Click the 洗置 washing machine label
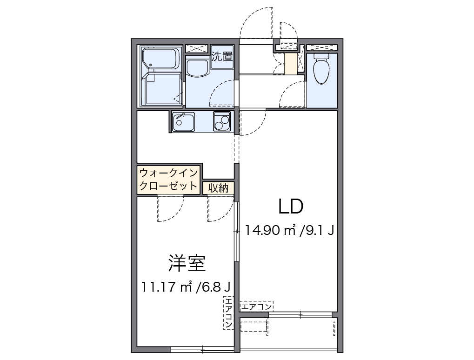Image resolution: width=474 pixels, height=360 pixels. pos(222,57)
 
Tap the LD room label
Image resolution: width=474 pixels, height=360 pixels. pos(291,206)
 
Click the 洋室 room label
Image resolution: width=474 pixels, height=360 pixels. pos(187,263)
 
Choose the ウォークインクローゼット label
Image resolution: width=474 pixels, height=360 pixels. pos(168,179)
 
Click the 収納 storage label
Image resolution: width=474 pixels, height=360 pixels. pos(218,188)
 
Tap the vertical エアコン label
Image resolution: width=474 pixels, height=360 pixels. pos(228,313)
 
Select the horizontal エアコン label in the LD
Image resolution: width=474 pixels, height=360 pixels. pos(256,306)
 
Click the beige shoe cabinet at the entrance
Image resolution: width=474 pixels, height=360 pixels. pos(290,64)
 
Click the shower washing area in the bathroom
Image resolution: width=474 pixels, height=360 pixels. pos(162,88)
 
